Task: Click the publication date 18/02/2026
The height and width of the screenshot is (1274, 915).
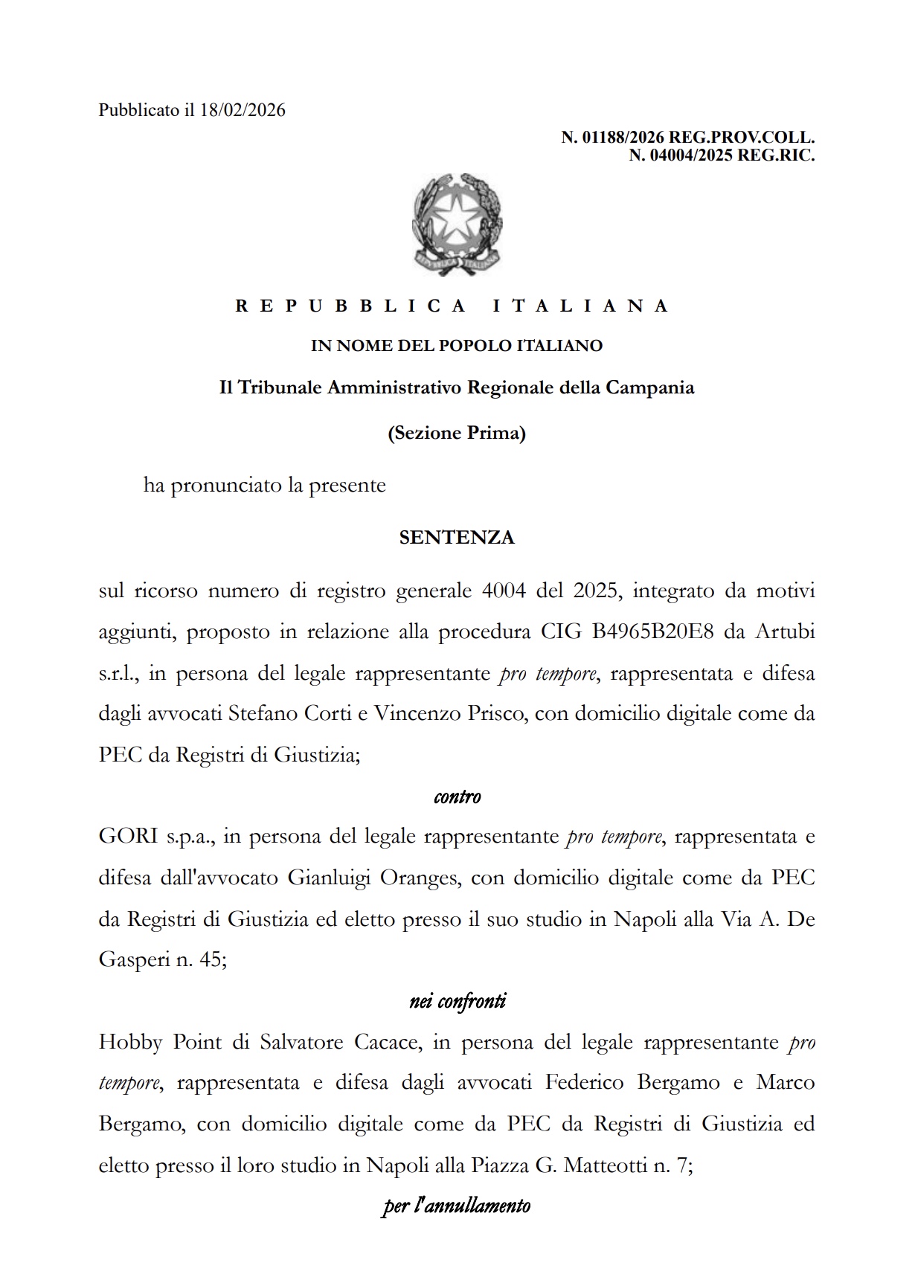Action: pos(243,111)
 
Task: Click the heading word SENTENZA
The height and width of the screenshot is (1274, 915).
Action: pos(456,538)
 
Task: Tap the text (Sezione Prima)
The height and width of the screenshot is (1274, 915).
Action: pos(456,433)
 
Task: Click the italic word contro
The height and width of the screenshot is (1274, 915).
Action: pos(457,797)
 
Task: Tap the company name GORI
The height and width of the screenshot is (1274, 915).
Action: pos(128,837)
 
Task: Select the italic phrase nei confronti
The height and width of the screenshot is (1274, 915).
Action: pos(457,1002)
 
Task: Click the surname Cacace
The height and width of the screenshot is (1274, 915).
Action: pos(388,1042)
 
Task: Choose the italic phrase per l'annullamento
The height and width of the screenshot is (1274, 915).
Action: pos(456,1206)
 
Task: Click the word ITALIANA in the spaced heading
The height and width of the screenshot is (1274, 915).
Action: pos(581,306)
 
